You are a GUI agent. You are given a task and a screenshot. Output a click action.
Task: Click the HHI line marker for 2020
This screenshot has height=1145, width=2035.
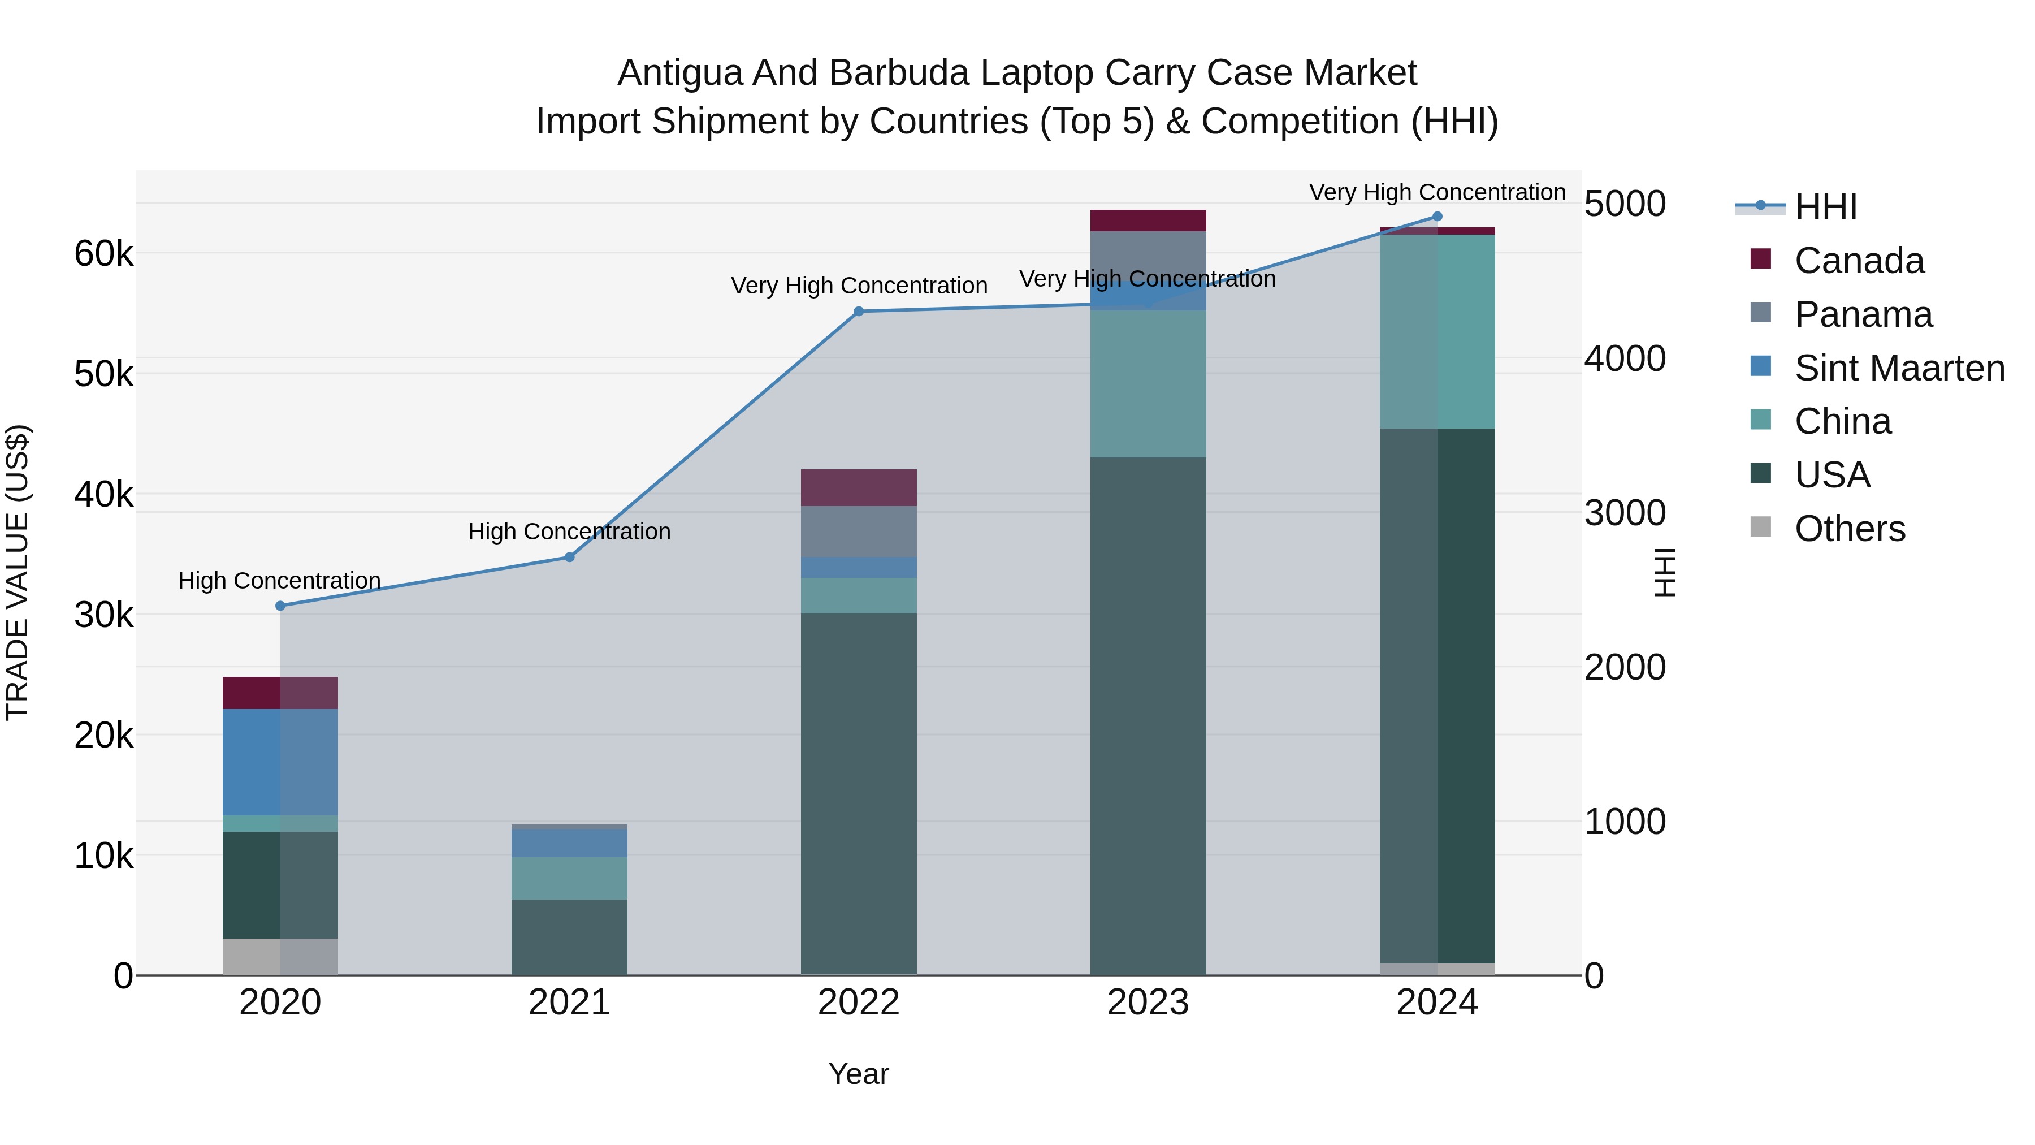click(x=280, y=606)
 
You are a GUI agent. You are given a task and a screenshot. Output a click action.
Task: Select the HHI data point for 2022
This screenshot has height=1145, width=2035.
click(x=859, y=312)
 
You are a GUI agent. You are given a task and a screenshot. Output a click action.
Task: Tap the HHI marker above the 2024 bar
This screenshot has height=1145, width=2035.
click(x=1437, y=217)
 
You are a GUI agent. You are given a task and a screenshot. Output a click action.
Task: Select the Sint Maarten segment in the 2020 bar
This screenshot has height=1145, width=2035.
click(x=280, y=762)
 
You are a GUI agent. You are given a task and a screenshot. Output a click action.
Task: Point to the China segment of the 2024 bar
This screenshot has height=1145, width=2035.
click(x=1437, y=332)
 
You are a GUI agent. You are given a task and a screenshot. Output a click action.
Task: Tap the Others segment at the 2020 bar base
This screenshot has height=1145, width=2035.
click(x=280, y=957)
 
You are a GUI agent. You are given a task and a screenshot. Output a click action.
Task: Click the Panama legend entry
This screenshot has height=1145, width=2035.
click(x=1862, y=314)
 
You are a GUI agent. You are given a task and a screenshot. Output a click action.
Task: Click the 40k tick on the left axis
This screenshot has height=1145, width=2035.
click(x=103, y=495)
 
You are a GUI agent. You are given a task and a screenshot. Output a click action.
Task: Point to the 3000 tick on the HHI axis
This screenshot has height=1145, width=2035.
click(x=1625, y=513)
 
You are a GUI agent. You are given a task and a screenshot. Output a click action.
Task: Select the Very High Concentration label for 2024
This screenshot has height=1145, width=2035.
click(x=1436, y=193)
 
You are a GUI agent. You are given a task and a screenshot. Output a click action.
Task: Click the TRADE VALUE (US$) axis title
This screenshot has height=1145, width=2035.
click(x=18, y=572)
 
